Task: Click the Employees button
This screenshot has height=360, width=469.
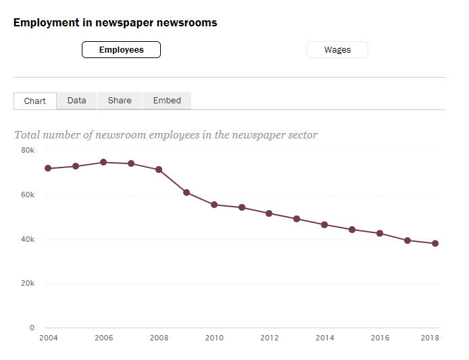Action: tap(121, 50)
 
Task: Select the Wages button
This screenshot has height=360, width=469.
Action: tap(337, 50)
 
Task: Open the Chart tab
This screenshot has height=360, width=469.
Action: tap(34, 101)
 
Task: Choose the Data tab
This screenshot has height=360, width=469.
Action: tap(76, 101)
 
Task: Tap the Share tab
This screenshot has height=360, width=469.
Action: tap(120, 101)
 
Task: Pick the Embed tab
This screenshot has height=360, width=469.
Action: tap(167, 101)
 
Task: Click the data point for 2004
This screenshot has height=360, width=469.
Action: tap(48, 168)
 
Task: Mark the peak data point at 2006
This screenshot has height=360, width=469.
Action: tap(103, 162)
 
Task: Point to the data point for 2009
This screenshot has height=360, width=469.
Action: tap(187, 192)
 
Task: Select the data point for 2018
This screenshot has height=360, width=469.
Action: tap(435, 243)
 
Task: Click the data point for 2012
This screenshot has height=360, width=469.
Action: tap(269, 213)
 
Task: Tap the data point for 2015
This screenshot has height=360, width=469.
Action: tap(352, 230)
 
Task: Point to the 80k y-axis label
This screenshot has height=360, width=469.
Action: tap(27, 150)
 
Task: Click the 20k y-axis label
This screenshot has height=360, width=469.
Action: tap(27, 284)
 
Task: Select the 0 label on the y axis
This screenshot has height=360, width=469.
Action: tap(31, 328)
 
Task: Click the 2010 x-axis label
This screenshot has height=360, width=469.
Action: tap(214, 338)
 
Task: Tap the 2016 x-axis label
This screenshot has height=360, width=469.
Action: tap(380, 338)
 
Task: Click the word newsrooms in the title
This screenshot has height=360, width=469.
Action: tap(185, 22)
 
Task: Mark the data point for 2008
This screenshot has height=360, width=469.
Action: tap(159, 170)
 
